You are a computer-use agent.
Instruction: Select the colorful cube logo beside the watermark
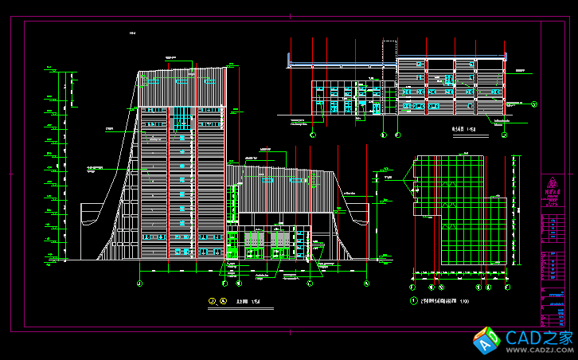[x=486, y=340]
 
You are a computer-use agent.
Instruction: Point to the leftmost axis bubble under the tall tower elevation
[x=140, y=284]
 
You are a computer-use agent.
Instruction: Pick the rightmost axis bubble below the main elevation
[x=366, y=284]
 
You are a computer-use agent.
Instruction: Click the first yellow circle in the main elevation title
[x=212, y=301]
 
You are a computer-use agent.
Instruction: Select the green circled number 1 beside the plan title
[x=413, y=301]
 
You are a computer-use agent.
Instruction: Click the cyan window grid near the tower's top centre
[x=182, y=119]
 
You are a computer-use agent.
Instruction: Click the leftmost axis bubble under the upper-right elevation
[x=313, y=136]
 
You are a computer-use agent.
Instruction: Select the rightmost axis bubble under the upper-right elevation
[x=505, y=136]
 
